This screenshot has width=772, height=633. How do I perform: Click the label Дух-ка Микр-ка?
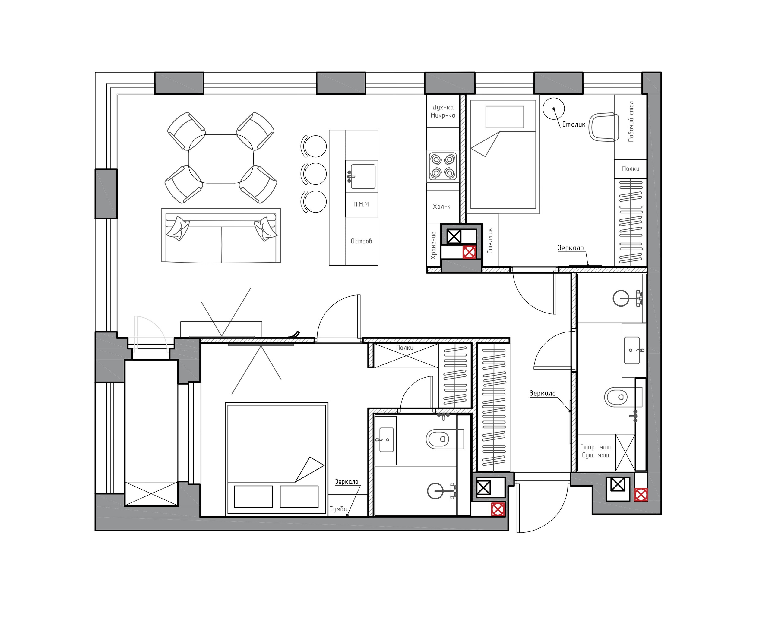(443, 112)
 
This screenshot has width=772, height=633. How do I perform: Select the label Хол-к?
(441, 207)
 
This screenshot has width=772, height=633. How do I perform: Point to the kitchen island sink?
(362, 176)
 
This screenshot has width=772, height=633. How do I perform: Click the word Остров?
(361, 241)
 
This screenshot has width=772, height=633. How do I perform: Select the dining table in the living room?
(221, 159)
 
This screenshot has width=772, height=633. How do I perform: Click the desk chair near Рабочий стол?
(604, 127)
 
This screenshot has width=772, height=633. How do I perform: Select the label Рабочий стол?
(631, 122)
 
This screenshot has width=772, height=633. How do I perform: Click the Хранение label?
(433, 245)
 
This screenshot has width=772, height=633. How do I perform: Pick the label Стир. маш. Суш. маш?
(596, 451)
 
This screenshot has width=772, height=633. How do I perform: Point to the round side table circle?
(553, 108)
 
